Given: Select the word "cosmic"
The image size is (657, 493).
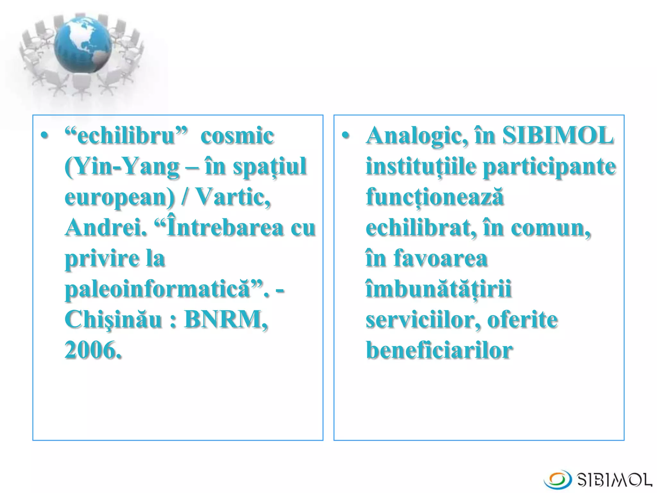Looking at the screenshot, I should [237, 136].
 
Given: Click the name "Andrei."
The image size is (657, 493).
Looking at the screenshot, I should [106, 228].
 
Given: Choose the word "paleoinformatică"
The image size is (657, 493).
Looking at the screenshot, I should [157, 289].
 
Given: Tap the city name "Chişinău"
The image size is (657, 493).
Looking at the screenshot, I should [114, 320].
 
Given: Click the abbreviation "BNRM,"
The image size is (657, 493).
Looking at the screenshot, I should [226, 320].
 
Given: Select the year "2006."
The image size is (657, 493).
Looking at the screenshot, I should [93, 350].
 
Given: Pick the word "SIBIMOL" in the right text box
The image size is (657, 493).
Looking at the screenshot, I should [558, 136].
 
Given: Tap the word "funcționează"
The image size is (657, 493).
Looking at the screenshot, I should [435, 197].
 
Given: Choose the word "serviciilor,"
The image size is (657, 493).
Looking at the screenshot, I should [423, 320].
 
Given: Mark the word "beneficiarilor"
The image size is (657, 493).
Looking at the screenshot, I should [439, 350].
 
